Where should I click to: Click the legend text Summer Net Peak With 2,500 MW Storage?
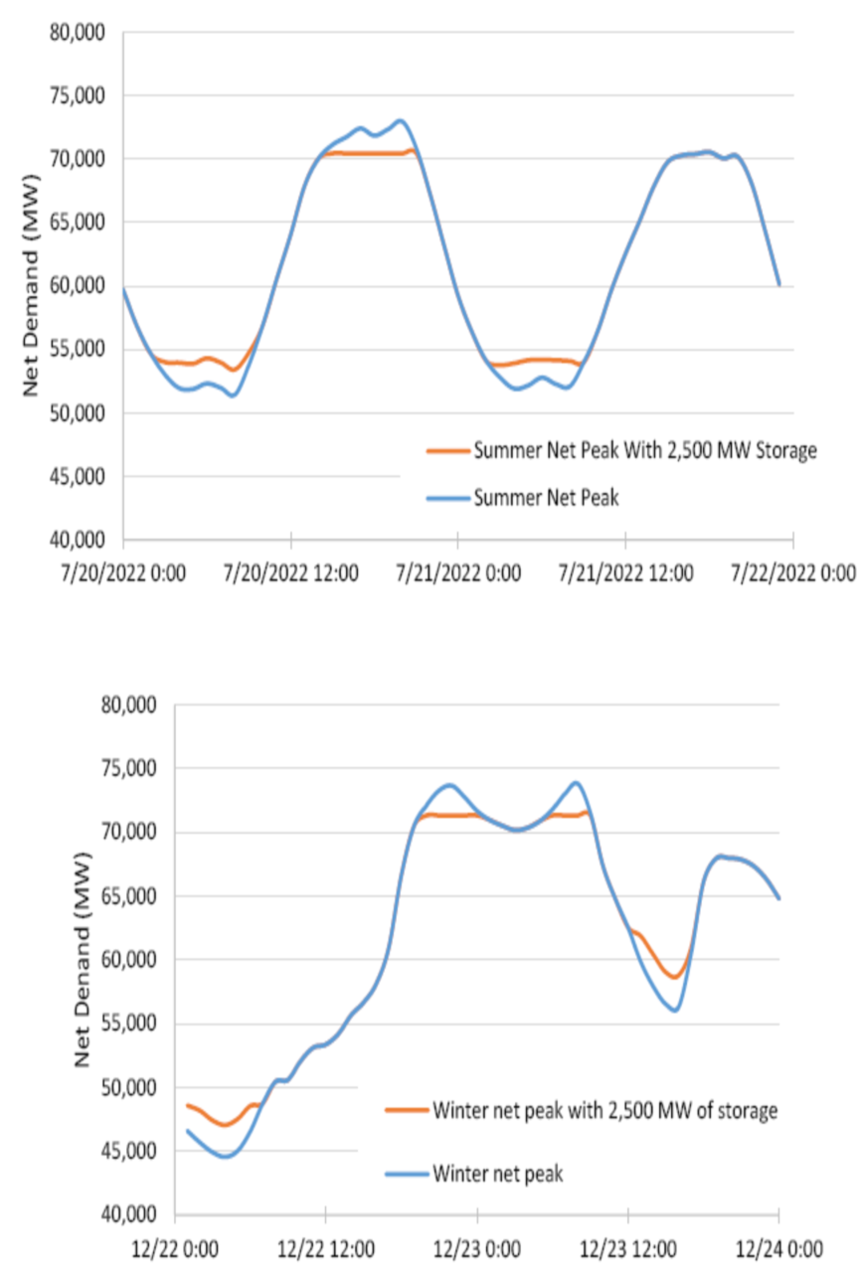point(645,450)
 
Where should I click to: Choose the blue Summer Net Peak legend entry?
point(546,498)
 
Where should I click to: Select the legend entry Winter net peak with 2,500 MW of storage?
point(604,1110)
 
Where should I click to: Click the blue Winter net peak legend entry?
point(497,1174)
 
